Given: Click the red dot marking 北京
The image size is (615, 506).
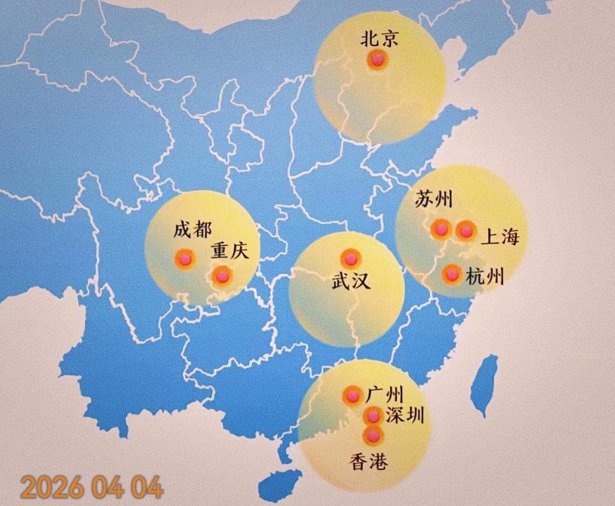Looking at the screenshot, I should [377, 60].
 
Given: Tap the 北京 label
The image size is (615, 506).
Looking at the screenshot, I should [378, 40].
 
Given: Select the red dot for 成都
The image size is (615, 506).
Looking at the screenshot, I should [184, 259].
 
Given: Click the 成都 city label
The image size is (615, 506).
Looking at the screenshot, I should [192, 230].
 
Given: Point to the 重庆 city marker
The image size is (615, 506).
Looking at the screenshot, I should [223, 276].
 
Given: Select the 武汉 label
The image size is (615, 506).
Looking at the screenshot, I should [351, 281].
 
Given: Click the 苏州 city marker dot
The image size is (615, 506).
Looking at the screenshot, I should [441, 229].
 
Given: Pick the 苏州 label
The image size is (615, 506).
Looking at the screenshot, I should [434, 200].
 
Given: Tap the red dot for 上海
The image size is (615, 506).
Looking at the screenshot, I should [466, 230].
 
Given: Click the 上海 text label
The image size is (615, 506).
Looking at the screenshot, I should [499, 238].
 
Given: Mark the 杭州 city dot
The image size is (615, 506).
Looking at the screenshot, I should [451, 275].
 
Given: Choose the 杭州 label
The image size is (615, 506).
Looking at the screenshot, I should [484, 277].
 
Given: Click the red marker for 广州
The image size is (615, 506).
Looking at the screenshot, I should [353, 396].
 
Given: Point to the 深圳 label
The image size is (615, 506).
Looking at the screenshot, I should [404, 415].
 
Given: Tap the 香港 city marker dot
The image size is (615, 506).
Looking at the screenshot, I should [373, 435].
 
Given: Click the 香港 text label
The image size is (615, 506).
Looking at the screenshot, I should [368, 462].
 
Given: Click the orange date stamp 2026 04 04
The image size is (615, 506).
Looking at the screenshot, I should [91, 487].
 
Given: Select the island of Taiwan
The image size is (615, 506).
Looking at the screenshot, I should [484, 385].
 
